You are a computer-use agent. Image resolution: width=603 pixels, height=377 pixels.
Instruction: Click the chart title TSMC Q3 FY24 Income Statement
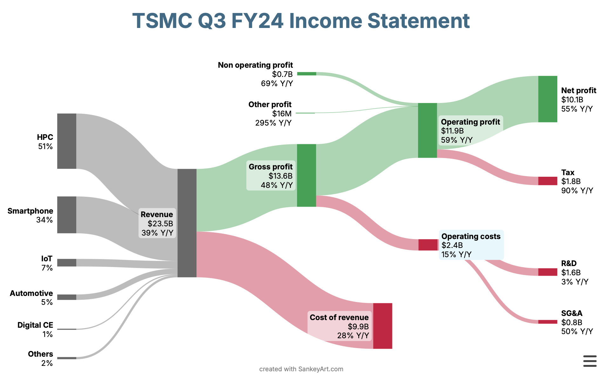301,21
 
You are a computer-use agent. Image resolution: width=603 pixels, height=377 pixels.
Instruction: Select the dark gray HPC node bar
67,141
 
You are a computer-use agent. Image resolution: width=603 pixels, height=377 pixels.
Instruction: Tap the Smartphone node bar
67,215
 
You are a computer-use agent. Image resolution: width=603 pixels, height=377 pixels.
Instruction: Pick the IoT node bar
67,263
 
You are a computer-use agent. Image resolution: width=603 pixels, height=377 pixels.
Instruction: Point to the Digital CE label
35,325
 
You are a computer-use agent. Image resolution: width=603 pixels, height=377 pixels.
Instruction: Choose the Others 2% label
40,359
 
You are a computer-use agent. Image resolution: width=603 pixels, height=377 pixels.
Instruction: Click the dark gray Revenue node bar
187,223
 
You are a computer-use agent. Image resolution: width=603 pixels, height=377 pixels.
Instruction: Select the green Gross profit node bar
306,175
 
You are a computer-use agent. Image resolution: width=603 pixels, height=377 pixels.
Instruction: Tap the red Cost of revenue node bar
383,326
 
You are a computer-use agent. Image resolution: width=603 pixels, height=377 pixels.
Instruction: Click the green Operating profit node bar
427,130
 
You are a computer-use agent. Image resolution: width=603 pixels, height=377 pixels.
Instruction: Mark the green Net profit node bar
548,99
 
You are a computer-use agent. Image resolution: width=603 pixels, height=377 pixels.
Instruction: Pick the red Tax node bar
548,181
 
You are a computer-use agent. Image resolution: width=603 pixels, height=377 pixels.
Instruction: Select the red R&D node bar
548,272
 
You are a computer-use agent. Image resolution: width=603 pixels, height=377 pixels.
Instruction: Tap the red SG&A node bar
548,322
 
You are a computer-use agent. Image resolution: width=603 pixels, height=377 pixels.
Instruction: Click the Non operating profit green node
306,74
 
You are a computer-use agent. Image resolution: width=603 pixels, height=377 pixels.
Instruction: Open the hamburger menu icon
590,361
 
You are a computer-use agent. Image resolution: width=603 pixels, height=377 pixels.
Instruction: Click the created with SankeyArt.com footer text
301,369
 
